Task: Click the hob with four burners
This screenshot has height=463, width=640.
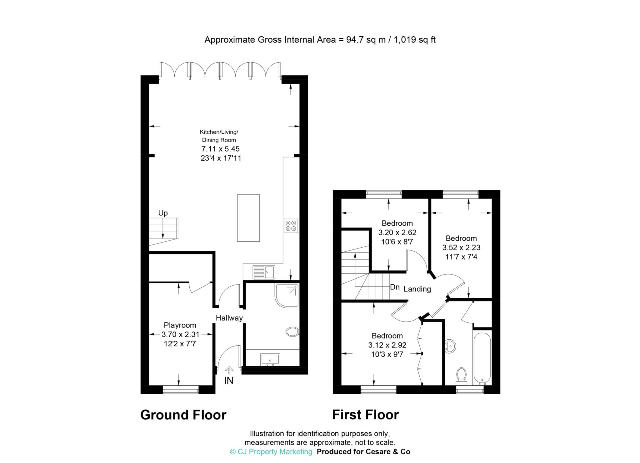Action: click(x=291, y=226)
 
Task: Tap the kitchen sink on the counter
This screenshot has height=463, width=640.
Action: click(x=264, y=272)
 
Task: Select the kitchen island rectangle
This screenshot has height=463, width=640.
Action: click(x=248, y=218)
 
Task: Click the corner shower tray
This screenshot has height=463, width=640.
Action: click(x=287, y=295)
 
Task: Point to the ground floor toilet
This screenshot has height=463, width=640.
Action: click(x=292, y=332)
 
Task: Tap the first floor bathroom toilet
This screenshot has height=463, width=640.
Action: click(x=461, y=376)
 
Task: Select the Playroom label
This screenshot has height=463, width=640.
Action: click(x=180, y=325)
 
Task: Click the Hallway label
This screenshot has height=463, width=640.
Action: click(x=229, y=318)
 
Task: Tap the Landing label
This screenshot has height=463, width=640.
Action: click(x=417, y=289)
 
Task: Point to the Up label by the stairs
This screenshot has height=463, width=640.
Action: click(x=163, y=213)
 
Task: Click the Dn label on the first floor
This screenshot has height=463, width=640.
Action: click(x=395, y=287)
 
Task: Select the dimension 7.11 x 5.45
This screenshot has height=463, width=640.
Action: click(x=221, y=149)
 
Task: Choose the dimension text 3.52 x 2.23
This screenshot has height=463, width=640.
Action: click(x=461, y=247)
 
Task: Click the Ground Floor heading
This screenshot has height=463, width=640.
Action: click(x=183, y=415)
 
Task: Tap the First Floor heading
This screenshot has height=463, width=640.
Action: click(x=365, y=415)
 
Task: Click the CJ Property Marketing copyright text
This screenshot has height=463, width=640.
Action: click(x=271, y=452)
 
